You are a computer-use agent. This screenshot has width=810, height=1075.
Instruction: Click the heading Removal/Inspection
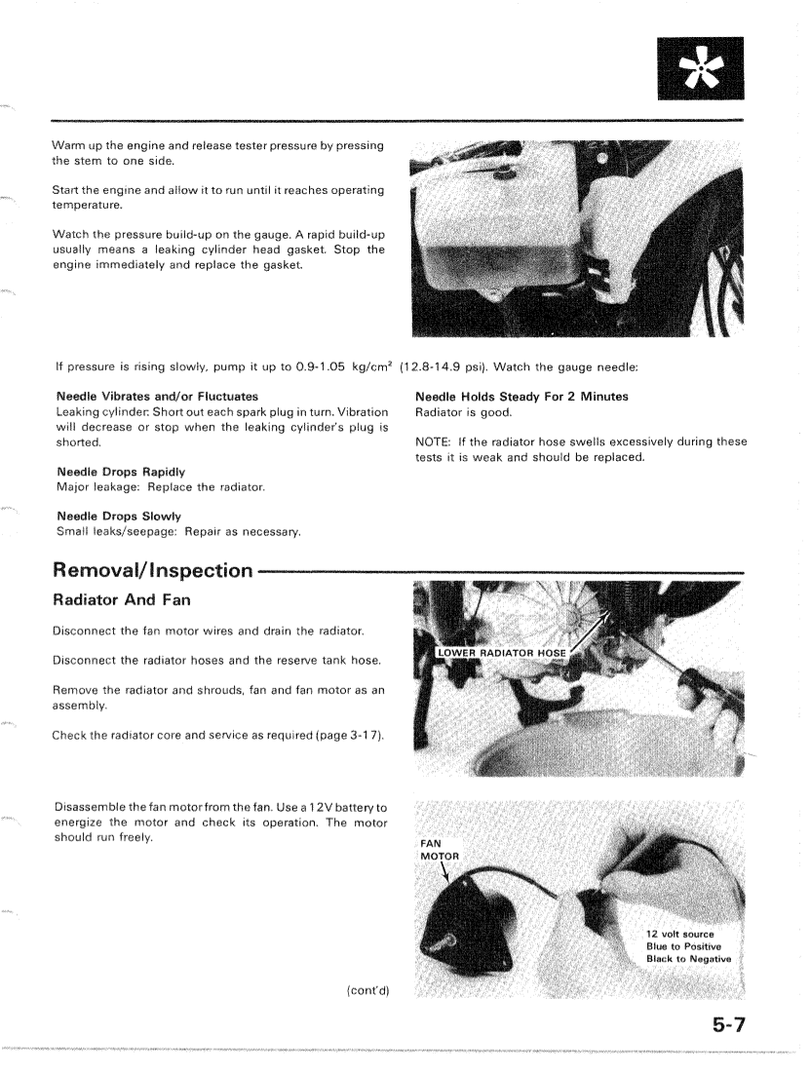tap(152, 568)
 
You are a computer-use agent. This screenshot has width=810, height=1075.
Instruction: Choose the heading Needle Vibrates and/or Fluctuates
tap(157, 396)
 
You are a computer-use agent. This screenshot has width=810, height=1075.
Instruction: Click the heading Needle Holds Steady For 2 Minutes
tap(521, 396)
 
